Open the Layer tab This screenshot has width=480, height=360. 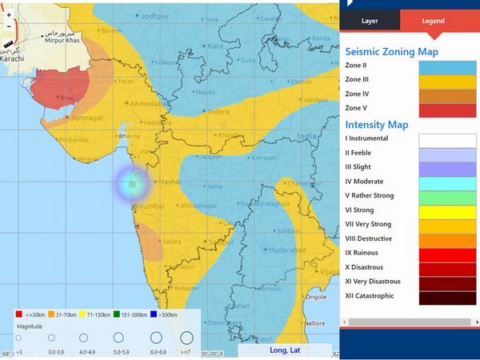pos(370,22)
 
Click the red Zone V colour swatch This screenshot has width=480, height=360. pos(442,109)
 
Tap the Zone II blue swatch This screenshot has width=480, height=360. pos(442,66)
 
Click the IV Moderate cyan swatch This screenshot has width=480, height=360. pos(442,182)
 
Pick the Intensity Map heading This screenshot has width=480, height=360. pos(376,125)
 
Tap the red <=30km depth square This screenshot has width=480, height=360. pos(18,314)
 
